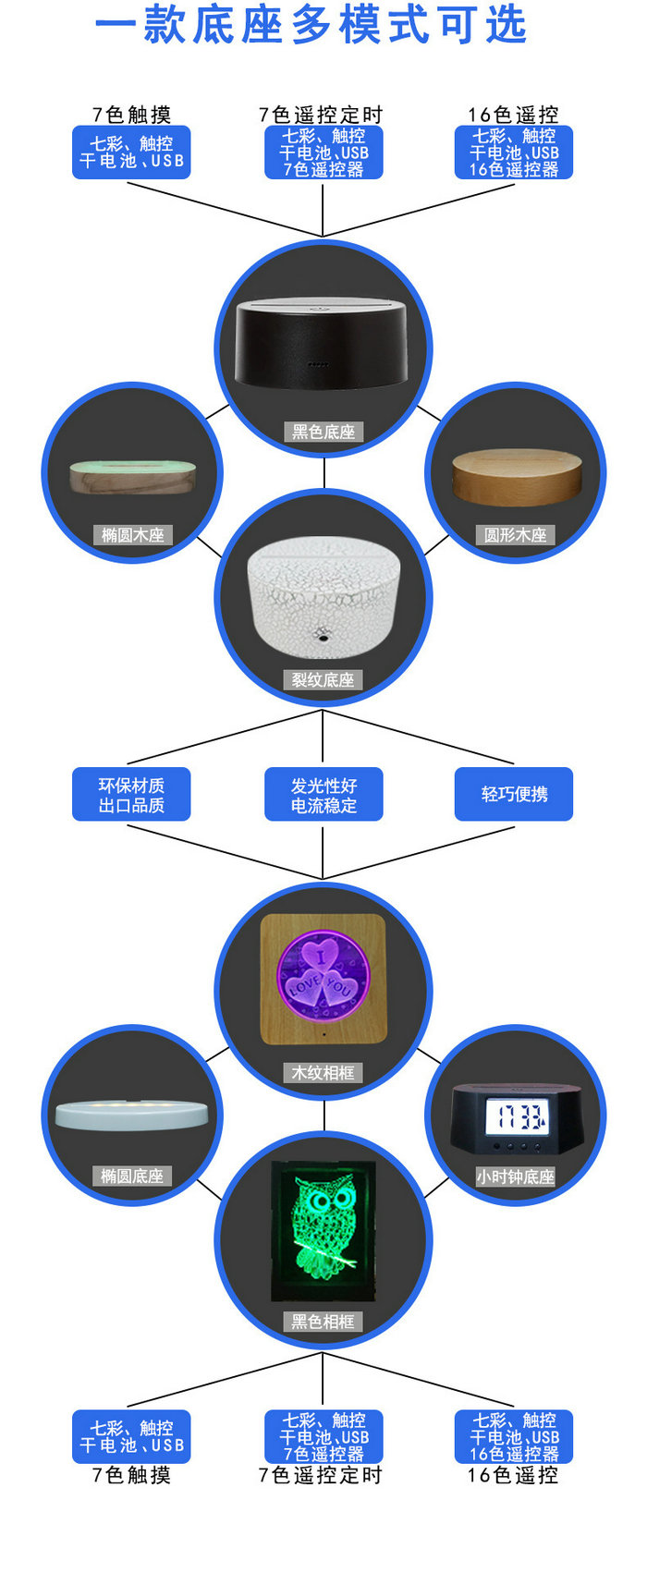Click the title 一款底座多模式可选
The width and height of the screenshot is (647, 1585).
(x=311, y=25)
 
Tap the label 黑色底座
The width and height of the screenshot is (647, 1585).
(x=323, y=432)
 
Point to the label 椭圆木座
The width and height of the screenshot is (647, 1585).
(x=132, y=535)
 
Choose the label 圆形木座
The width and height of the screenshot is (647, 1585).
(x=515, y=535)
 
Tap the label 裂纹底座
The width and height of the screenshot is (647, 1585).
(x=323, y=680)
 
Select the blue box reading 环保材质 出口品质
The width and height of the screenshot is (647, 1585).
(x=131, y=795)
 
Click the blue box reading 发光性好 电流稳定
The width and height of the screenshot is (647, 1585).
(x=323, y=795)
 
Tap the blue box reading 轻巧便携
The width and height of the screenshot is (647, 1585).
(x=514, y=795)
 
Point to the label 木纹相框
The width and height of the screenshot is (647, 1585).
(x=323, y=1073)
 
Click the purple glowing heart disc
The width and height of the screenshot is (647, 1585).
(x=323, y=977)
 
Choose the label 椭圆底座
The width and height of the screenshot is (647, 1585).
(x=132, y=1177)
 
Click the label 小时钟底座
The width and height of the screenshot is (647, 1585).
(x=515, y=1177)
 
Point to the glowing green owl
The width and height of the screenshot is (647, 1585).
(x=324, y=1221)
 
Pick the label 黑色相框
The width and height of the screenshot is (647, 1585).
(x=323, y=1323)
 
